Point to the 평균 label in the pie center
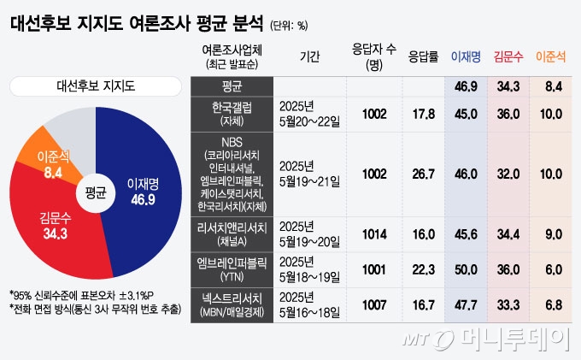pos(95,193)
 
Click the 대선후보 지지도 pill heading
pos(95,85)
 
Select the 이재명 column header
pos(465,56)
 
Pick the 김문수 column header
pos(509,56)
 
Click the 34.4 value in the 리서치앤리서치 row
pos(509,233)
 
